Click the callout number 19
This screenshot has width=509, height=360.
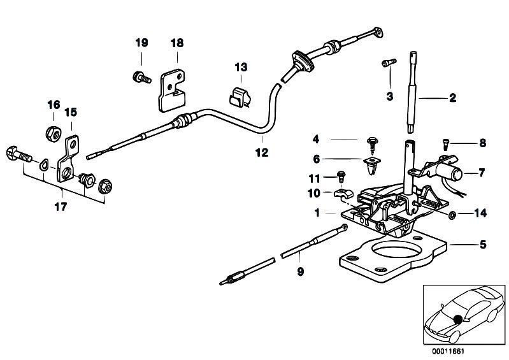(x=141, y=43)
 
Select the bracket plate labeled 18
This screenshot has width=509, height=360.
(x=171, y=91)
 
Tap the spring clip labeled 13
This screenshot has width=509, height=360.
(x=240, y=97)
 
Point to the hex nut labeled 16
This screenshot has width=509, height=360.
(x=52, y=133)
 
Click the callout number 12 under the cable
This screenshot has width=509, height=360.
(x=262, y=152)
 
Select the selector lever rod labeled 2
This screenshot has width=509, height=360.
(x=413, y=92)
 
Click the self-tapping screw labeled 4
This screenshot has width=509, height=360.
(x=373, y=146)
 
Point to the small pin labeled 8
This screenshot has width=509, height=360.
(x=445, y=144)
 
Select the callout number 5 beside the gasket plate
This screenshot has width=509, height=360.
(x=483, y=245)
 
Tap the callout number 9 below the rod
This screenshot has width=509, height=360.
(x=300, y=271)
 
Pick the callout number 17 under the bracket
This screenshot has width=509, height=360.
(x=61, y=206)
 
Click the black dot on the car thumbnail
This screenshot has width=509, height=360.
(x=458, y=319)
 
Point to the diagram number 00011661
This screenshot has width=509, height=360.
(x=448, y=352)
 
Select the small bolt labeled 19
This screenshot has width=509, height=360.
(x=142, y=77)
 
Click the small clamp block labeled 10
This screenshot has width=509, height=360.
(x=343, y=194)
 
